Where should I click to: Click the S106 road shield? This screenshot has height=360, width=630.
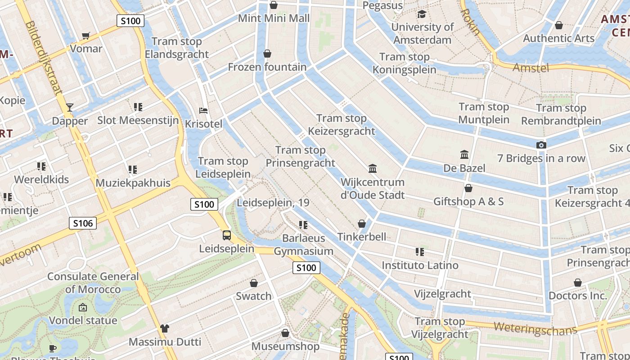coord(83,223)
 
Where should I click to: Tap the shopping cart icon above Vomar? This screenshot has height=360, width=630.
coord(86,36)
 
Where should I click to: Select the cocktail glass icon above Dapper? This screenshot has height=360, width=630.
coord(70,108)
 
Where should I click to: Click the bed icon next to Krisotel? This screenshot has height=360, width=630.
coord(203,111)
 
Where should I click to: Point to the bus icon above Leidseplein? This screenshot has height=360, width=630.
coord(227,235)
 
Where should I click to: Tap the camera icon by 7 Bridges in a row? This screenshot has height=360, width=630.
coord(541,145)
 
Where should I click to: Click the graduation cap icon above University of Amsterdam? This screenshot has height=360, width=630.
coord(422,14)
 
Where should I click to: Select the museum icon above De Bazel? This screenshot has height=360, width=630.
coord(464,155)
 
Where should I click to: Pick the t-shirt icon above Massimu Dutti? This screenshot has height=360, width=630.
coord(165,328)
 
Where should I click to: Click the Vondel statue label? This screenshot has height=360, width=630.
coord(83,320)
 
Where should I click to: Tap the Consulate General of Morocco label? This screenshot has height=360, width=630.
coord(93,283)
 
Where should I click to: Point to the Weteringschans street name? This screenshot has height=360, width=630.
coord(535,328)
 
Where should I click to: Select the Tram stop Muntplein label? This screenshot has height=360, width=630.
coord(484,113)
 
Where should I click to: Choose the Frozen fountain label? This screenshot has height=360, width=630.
coord(267,67)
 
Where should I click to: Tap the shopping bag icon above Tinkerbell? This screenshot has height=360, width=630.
coord(362,224)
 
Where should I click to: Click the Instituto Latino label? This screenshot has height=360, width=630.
coord(420,265)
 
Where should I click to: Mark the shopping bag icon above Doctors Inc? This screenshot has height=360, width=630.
coord(578,283)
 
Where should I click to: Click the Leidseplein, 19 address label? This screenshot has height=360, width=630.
coord(273,202)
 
